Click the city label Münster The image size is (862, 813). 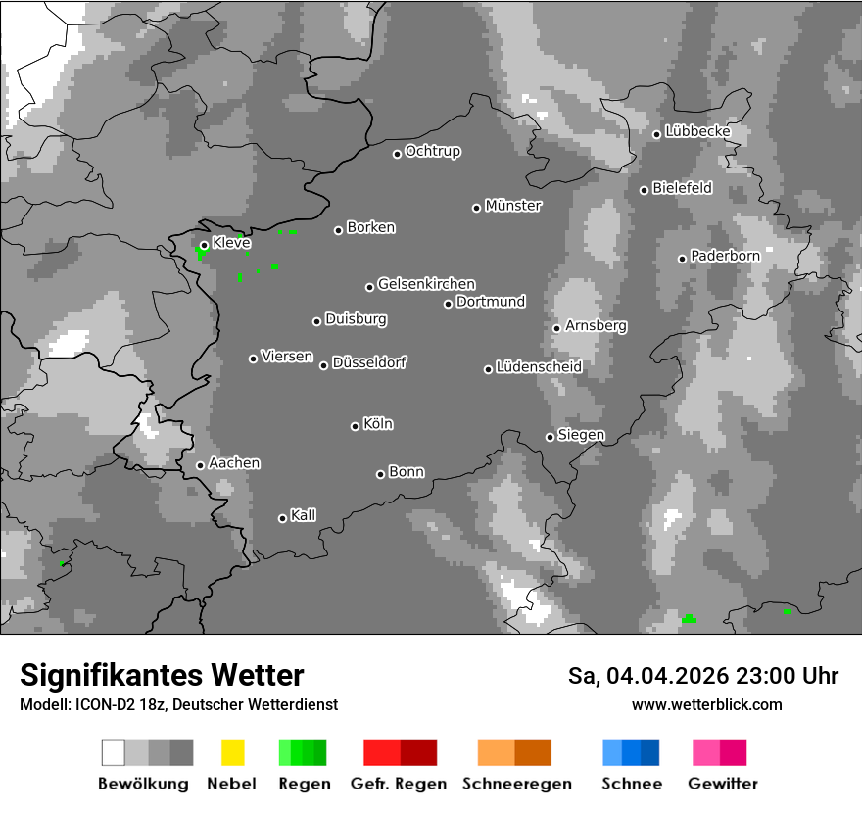(x=513, y=206)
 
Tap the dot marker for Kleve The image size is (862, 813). (x=204, y=245)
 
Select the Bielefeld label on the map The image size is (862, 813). (x=683, y=188)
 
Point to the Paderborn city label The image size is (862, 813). (x=725, y=256)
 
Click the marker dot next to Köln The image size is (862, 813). (x=355, y=426)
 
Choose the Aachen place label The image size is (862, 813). (x=234, y=463)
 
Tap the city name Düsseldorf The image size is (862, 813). (x=369, y=362)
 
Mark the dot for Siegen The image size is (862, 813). (x=550, y=437)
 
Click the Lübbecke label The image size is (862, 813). (x=697, y=131)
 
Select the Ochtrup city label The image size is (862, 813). (x=433, y=152)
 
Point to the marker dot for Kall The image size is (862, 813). (x=282, y=518)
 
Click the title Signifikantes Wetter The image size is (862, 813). (x=162, y=676)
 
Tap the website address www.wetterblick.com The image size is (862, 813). (x=706, y=704)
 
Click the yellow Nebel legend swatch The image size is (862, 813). (x=232, y=752)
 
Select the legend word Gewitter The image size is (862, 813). (x=722, y=784)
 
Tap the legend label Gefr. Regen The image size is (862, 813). (x=399, y=784)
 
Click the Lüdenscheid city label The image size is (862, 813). (x=539, y=367)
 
